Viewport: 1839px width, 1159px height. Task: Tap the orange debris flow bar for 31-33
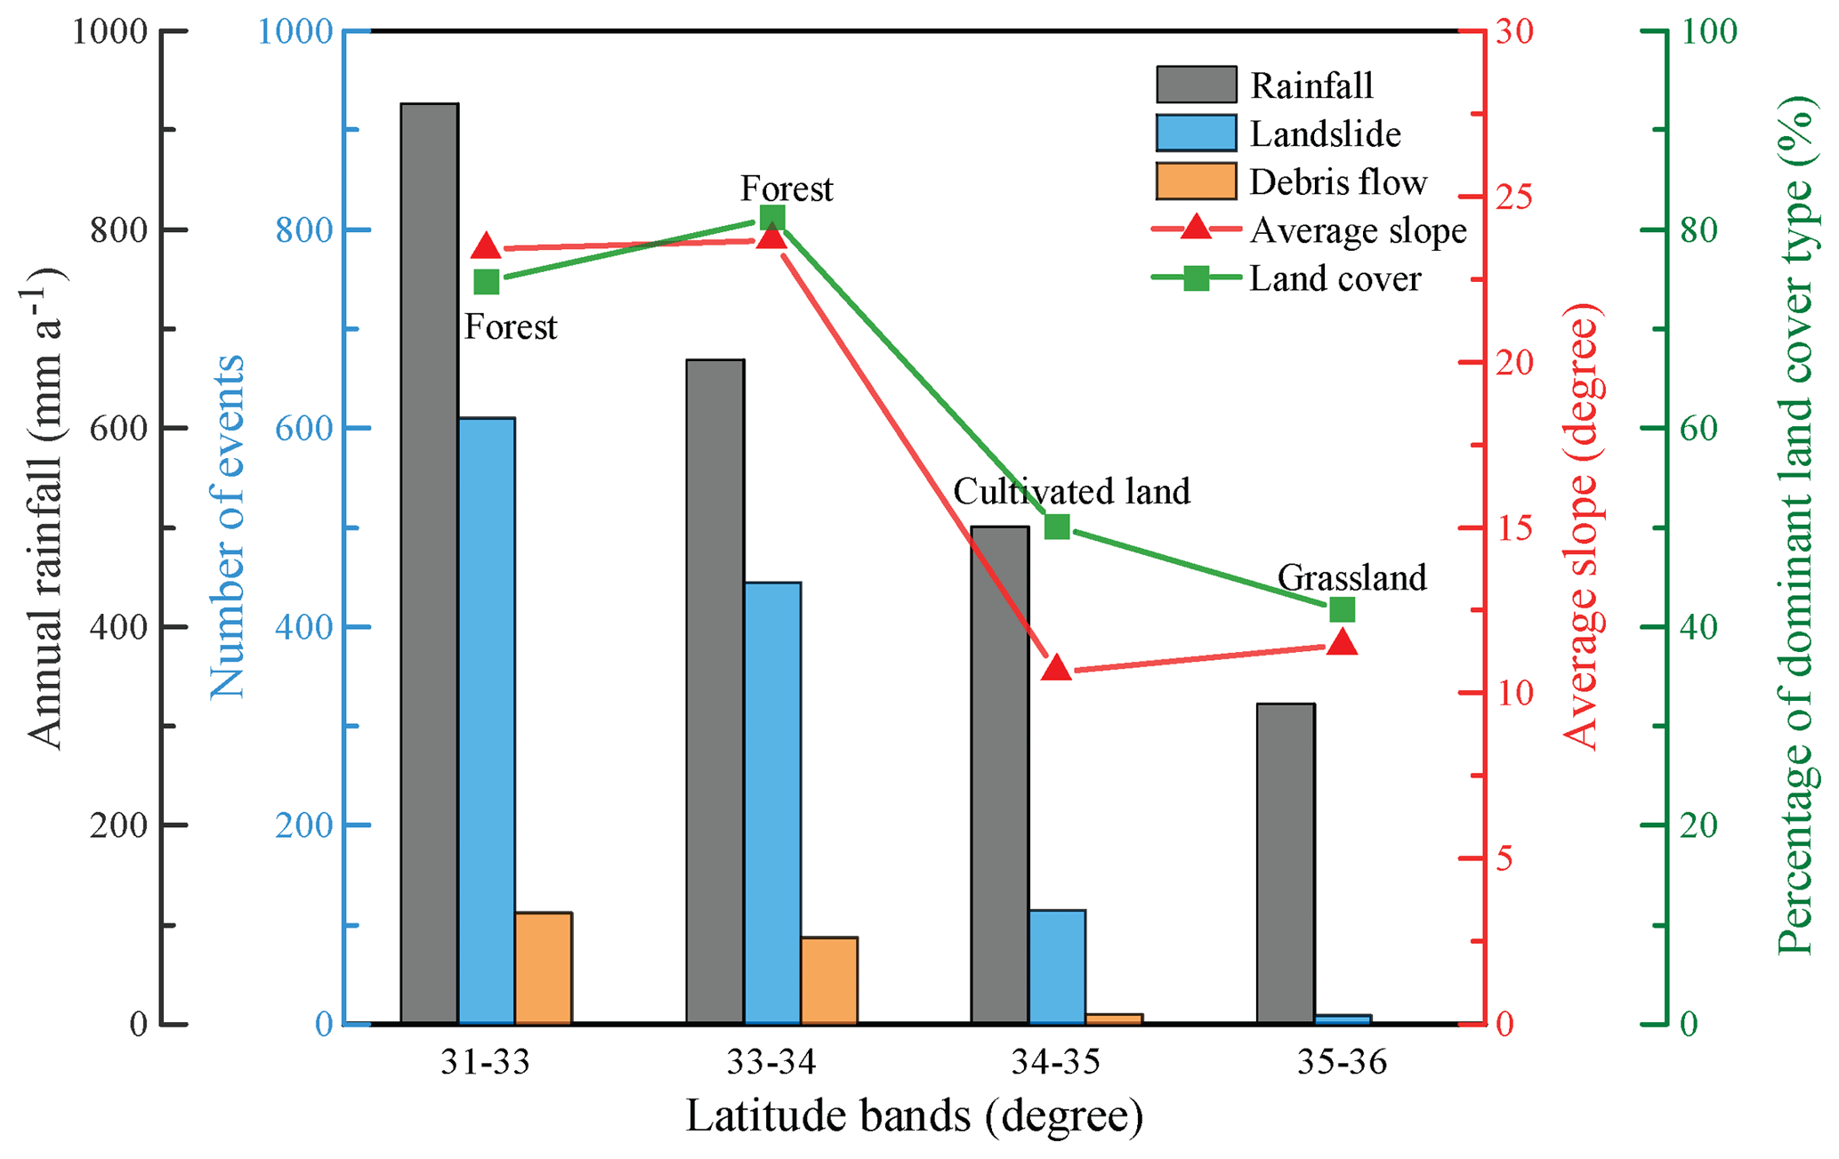tap(543, 968)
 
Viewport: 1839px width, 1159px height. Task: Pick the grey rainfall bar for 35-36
tap(1286, 863)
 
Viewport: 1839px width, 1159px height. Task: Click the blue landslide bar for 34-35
tap(1057, 966)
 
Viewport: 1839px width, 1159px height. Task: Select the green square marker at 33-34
tap(772, 217)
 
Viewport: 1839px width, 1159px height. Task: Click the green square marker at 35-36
tap(1343, 610)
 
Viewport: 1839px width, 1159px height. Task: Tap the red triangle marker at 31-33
tap(486, 247)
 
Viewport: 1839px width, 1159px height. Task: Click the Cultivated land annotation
tap(1071, 491)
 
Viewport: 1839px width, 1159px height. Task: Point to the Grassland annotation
tap(1351, 577)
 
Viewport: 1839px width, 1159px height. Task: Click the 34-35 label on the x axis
tap(1056, 1062)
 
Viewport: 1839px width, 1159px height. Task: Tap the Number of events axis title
tap(228, 527)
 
